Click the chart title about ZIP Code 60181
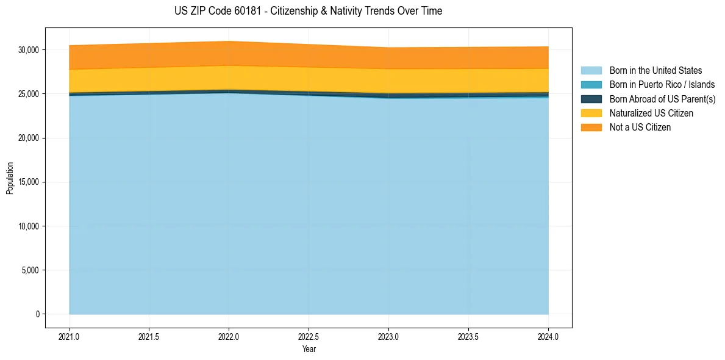[308, 11]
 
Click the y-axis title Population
[10, 178]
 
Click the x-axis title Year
[309, 349]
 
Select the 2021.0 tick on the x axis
[70, 336]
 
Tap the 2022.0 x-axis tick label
[229, 336]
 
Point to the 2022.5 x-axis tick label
[309, 336]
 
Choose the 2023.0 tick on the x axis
[388, 336]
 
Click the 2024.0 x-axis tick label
[548, 336]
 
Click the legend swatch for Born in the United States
[591, 71]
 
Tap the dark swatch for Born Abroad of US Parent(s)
[591, 99]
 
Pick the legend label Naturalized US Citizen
[651, 113]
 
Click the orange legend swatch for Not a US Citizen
[591, 128]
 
